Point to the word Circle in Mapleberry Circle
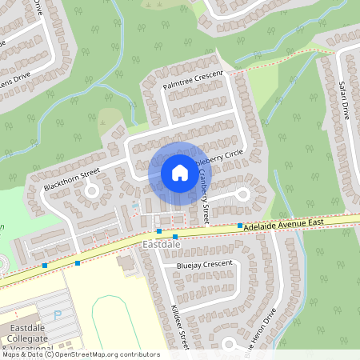point(232,154)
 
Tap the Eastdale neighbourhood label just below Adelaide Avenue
point(157,242)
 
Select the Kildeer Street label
point(178,328)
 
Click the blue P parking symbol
point(57,316)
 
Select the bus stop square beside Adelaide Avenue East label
point(239,226)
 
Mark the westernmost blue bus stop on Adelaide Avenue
point(45,265)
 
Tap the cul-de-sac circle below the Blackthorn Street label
point(91,191)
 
